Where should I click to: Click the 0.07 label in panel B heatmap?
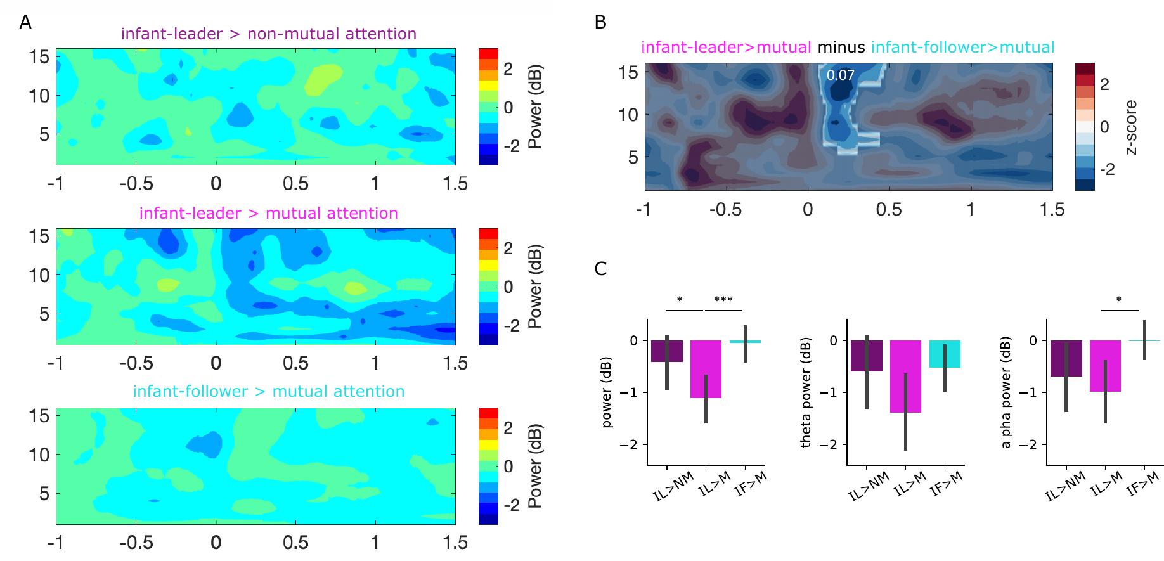[x=840, y=75]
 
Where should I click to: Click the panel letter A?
[x=25, y=23]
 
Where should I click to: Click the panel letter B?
[x=600, y=23]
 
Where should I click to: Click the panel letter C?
[x=600, y=269]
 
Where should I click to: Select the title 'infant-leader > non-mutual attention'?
[x=268, y=34]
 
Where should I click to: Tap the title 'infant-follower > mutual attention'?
[x=268, y=391]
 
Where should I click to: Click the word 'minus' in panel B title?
[x=841, y=47]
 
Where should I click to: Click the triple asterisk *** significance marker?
[x=723, y=299]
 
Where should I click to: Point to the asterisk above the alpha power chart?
[x=1119, y=299]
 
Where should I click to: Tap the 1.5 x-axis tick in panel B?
[x=1052, y=209]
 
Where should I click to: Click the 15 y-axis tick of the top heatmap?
[x=39, y=56]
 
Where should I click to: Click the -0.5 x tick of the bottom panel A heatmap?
[x=137, y=543]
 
